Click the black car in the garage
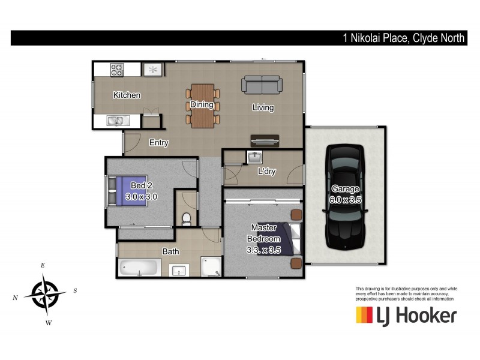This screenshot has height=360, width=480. click(344, 197)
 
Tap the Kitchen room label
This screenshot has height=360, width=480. click(127, 95)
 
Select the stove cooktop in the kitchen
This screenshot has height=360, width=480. click(116, 70)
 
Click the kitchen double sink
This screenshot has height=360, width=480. click(116, 121)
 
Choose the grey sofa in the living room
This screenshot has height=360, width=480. click(262, 85)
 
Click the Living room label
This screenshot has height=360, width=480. click(263, 108)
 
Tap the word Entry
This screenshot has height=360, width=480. click(159, 143)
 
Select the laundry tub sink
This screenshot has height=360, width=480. click(254, 157)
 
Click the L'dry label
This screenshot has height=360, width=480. click(266, 172)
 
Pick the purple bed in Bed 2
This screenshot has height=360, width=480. click(129, 190)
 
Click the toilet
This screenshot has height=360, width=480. click(187, 218)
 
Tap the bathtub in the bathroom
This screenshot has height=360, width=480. click(139, 268)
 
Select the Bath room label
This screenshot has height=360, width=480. click(170, 251)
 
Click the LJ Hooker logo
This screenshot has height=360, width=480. click(406, 315)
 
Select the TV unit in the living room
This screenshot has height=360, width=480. click(265, 140)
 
